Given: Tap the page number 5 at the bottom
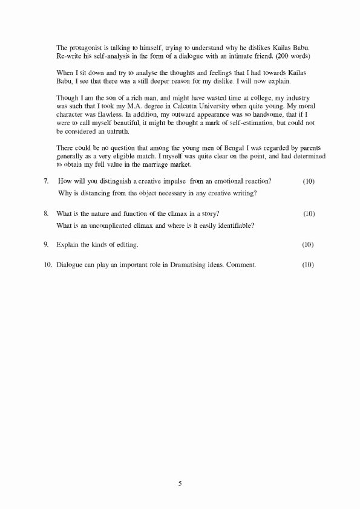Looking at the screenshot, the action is [180, 484].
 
